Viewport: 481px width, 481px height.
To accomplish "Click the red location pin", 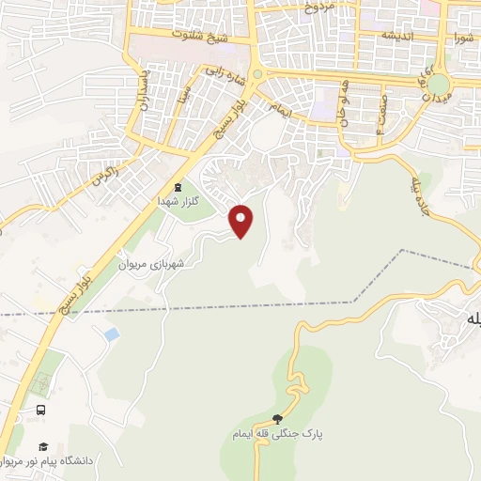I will [x=242, y=220].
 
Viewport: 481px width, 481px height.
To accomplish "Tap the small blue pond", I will [x=112, y=334].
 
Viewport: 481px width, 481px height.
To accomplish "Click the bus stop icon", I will [x=40, y=411].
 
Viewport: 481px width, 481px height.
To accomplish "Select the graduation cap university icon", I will [x=41, y=446].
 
